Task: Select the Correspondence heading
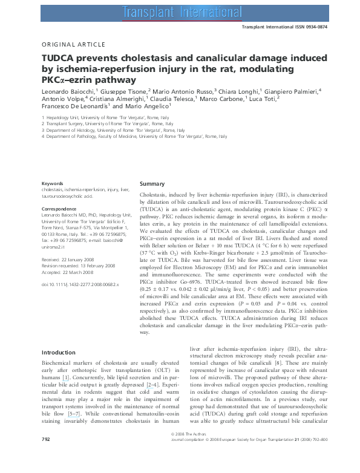[59, 209]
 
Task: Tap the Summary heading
[152, 183]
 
